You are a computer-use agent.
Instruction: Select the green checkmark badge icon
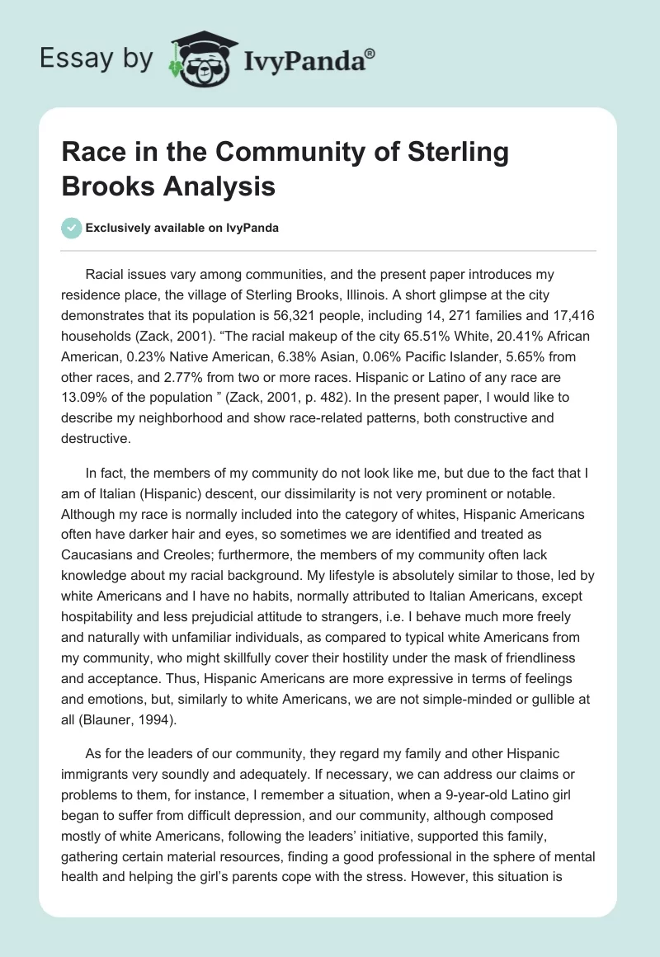[x=72, y=228]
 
